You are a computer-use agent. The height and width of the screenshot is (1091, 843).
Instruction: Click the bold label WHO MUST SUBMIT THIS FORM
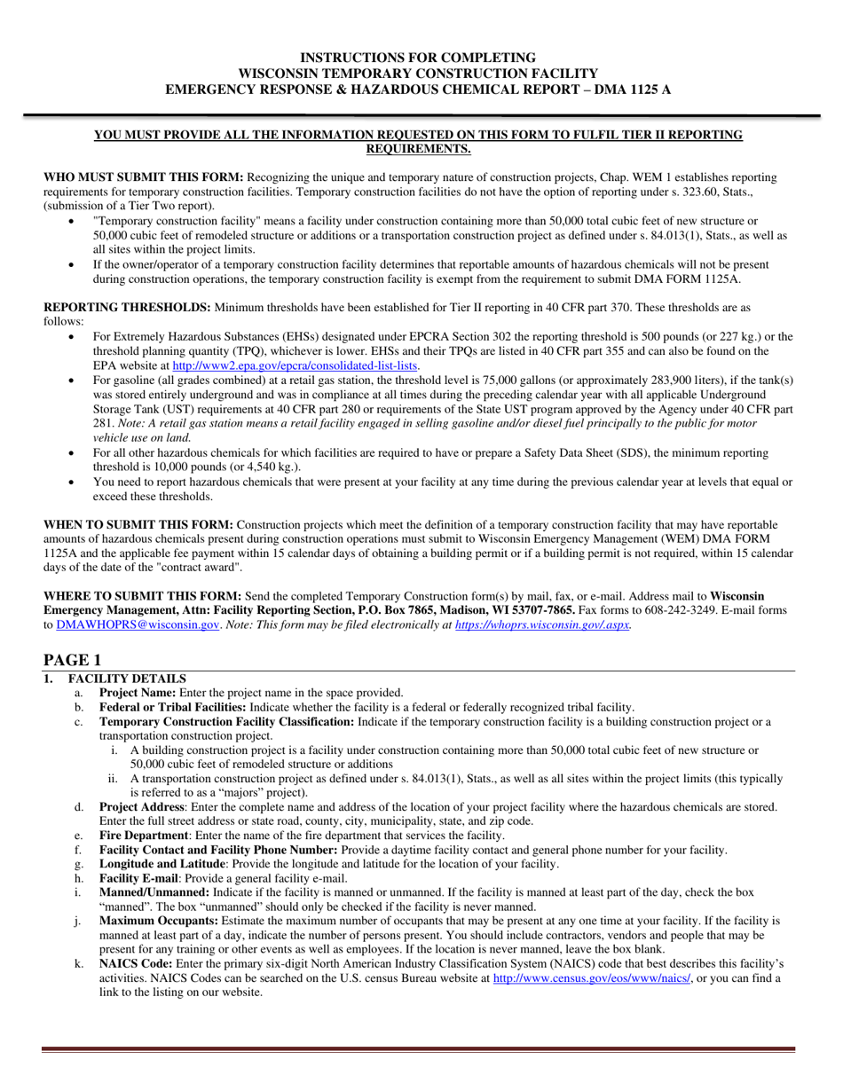point(144,177)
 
